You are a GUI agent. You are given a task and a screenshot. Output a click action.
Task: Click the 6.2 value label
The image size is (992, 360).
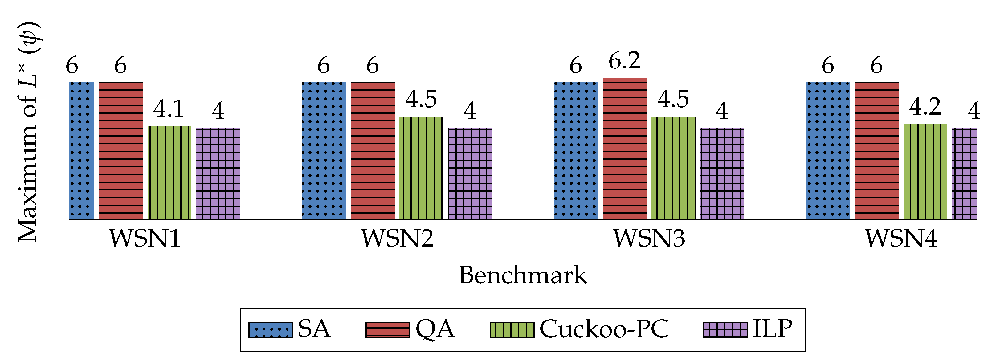tap(624, 61)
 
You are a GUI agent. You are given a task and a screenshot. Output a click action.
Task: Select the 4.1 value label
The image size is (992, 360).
tap(169, 109)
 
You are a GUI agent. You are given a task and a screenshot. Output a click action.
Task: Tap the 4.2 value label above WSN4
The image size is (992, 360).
tap(925, 107)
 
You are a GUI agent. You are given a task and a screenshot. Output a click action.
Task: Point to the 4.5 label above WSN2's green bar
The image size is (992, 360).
tap(421, 99)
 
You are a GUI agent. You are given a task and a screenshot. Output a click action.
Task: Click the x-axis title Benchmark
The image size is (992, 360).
tap(523, 275)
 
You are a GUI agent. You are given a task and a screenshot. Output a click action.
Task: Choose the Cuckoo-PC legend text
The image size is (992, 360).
tap(604, 329)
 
